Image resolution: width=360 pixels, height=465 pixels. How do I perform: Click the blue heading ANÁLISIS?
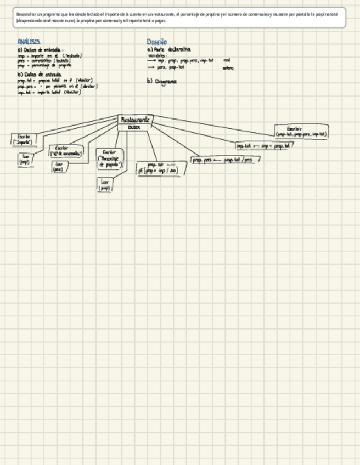coord(29,42)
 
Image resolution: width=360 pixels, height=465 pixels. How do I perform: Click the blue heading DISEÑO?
coord(156,42)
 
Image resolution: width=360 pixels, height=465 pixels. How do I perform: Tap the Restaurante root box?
coord(135,119)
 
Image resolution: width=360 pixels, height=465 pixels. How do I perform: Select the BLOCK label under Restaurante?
coord(134,127)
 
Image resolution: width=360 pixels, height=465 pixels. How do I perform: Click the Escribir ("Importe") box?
coord(24,139)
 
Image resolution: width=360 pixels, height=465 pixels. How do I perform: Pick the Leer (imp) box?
coord(25,159)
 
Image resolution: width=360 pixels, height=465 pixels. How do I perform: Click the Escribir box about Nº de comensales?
coord(65,151)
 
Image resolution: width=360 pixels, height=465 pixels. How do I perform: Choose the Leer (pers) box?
coord(58,167)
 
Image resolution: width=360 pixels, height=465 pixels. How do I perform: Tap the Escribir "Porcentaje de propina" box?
coord(109,158)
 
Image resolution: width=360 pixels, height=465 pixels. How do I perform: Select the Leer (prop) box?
coord(105,185)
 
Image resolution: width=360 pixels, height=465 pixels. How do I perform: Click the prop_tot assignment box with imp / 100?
coord(161,168)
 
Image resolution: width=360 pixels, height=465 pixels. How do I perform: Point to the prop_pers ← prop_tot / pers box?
coord(226,160)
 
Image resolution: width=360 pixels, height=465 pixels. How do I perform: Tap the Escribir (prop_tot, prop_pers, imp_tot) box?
coord(301,132)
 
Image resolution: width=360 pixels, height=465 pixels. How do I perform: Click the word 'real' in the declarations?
coord(227,60)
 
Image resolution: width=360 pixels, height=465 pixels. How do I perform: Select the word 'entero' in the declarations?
coord(228,69)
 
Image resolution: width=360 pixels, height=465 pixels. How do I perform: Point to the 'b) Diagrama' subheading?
coord(161,81)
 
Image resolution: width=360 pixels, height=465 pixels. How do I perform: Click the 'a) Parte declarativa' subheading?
coord(168,49)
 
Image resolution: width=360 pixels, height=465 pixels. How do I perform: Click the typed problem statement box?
coord(180,17)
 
